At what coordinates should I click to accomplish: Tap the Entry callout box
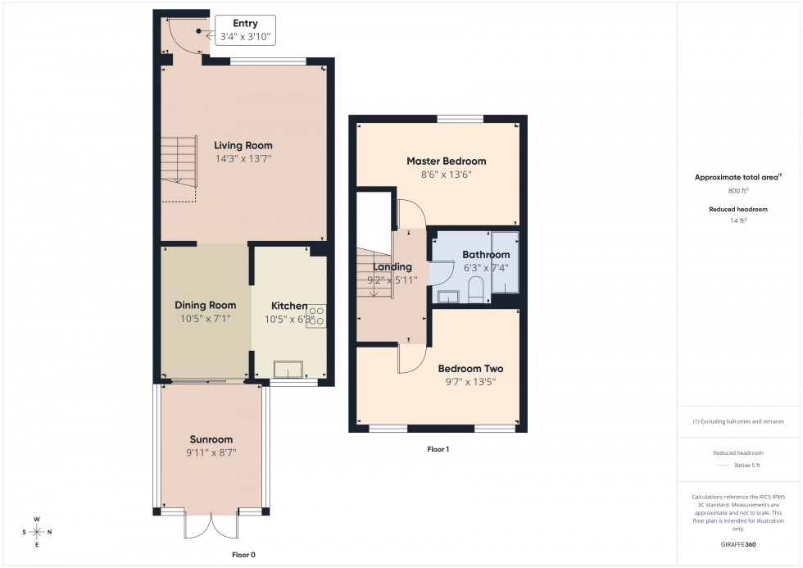tap(245, 30)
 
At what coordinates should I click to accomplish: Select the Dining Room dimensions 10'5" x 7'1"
tap(205, 319)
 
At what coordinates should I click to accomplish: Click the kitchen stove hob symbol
tap(316, 316)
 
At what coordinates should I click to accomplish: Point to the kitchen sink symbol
tap(288, 369)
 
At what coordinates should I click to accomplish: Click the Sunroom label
tap(211, 439)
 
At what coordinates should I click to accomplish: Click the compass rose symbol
tap(37, 532)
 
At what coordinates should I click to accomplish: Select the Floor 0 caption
tap(243, 555)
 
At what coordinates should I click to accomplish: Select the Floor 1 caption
tap(438, 449)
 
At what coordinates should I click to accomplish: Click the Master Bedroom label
tap(447, 161)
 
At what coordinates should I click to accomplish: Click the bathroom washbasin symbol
tap(448, 296)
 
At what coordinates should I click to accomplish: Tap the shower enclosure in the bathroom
tap(505, 261)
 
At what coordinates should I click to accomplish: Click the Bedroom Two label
tap(470, 369)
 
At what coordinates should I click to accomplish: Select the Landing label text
tap(392, 267)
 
